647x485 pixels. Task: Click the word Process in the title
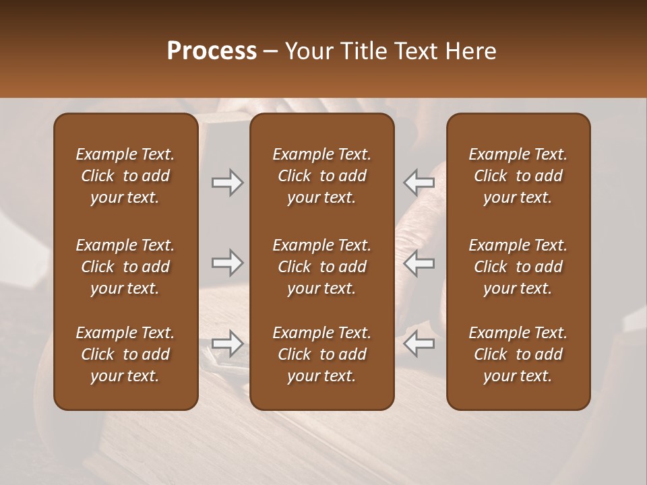[212, 51]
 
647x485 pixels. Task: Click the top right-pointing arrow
[227, 183]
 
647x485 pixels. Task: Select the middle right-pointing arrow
[227, 263]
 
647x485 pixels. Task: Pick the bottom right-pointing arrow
[227, 344]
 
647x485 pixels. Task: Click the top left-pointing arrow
[419, 183]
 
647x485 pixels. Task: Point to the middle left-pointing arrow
[419, 263]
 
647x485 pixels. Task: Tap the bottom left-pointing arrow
[419, 344]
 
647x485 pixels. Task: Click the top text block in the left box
[125, 176]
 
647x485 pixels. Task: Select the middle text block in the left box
[125, 267]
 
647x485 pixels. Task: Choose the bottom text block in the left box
[125, 354]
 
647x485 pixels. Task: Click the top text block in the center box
[322, 176]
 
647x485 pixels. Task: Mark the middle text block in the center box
[322, 267]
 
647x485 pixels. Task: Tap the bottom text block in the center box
[322, 354]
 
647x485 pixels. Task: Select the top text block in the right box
[518, 176]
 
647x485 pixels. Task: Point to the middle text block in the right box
[518, 267]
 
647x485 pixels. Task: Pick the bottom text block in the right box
[518, 354]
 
